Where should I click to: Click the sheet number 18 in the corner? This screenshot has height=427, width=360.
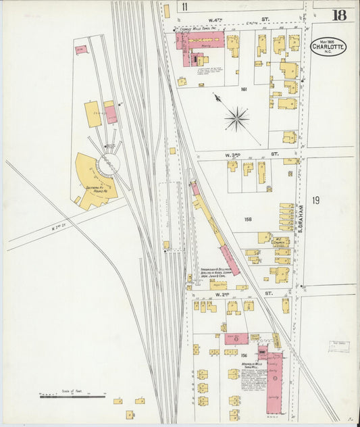pos(338,15)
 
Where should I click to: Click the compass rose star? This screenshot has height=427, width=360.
pos(236,120)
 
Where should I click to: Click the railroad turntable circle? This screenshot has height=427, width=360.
pos(107,164)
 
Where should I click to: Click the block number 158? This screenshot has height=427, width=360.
pos(248,220)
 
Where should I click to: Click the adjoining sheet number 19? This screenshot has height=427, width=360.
pos(316,200)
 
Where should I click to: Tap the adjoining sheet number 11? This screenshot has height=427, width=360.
pos(184,7)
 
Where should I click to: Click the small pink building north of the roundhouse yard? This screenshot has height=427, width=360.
pos(81,49)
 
